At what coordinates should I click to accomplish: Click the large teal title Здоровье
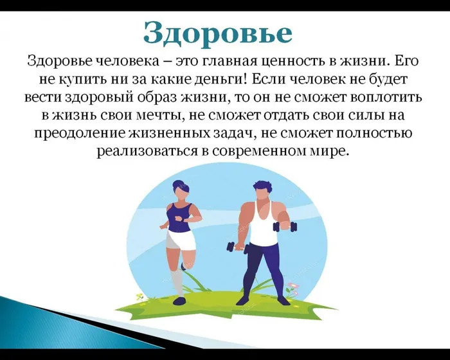click(x=217, y=32)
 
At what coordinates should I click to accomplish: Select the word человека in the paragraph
click(x=134, y=62)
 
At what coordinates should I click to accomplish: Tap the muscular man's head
click(x=261, y=191)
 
